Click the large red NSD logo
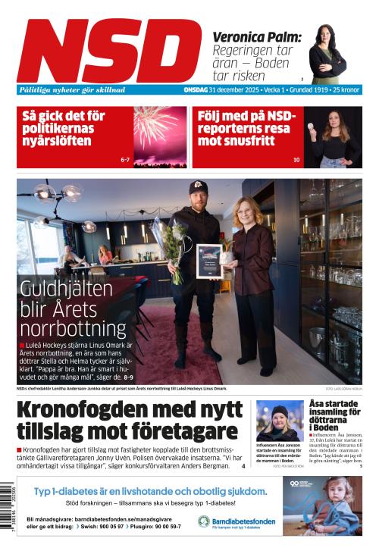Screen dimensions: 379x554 tap(109, 50)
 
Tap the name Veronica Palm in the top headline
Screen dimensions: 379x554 tap(257, 37)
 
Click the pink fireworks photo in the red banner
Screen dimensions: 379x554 tap(160, 136)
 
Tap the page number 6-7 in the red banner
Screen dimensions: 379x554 tap(125, 160)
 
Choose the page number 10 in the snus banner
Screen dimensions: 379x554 tap(296, 160)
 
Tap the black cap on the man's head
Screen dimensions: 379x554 tap(199, 187)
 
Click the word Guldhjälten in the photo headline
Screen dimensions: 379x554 tap(67, 289)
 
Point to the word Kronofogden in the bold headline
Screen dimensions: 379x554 tap(93, 411)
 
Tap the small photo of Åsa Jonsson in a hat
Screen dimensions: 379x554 tap(280, 421)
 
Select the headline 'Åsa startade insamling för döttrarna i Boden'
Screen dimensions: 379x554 tap(334, 415)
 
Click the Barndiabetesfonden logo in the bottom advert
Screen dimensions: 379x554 tap(236, 521)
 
